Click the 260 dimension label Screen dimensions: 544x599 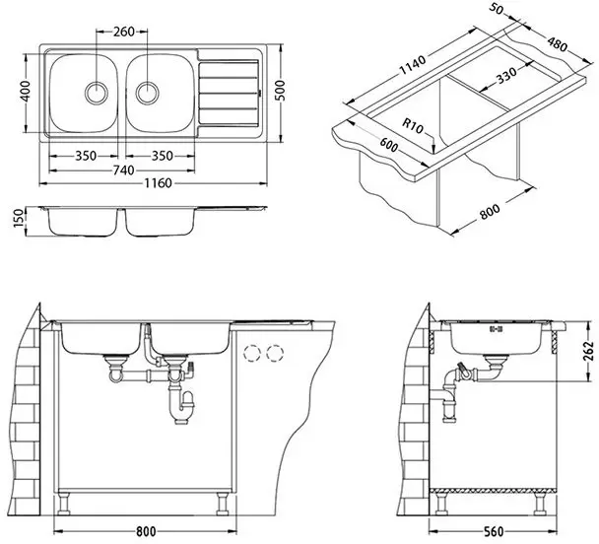point(124,32)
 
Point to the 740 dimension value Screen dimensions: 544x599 point(122,170)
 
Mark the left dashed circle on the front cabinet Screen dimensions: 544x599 point(254,352)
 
